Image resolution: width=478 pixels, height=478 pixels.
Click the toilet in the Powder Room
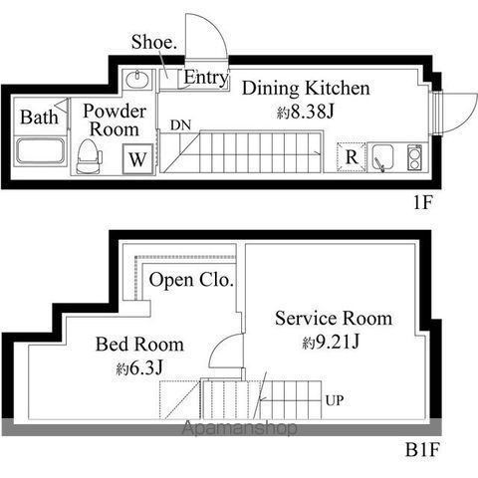click(x=89, y=156)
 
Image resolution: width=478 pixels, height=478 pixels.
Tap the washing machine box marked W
click(x=137, y=159)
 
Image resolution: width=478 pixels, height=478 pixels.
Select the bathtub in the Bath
click(x=41, y=151)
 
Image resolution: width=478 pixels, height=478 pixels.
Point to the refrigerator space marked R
click(x=352, y=156)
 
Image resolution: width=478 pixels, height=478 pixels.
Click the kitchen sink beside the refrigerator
click(x=382, y=157)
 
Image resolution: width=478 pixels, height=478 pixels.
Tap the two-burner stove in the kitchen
click(x=414, y=157)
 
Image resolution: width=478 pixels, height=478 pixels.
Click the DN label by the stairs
click(x=180, y=125)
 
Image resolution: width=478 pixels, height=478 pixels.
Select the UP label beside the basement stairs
click(x=335, y=400)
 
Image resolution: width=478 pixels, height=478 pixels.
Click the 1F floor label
click(x=422, y=202)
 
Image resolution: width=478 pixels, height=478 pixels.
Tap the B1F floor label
click(x=422, y=450)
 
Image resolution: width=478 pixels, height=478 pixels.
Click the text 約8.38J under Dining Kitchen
click(x=305, y=112)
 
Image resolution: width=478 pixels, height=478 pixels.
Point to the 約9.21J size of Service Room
click(x=331, y=342)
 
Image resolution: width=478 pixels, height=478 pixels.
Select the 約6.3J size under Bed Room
click(x=139, y=367)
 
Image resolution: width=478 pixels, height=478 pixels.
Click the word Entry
click(x=206, y=78)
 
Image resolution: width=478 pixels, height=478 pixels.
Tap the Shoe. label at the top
click(x=153, y=42)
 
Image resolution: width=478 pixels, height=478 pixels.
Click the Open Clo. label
click(x=191, y=280)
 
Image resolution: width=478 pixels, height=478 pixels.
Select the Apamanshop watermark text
click(x=239, y=427)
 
